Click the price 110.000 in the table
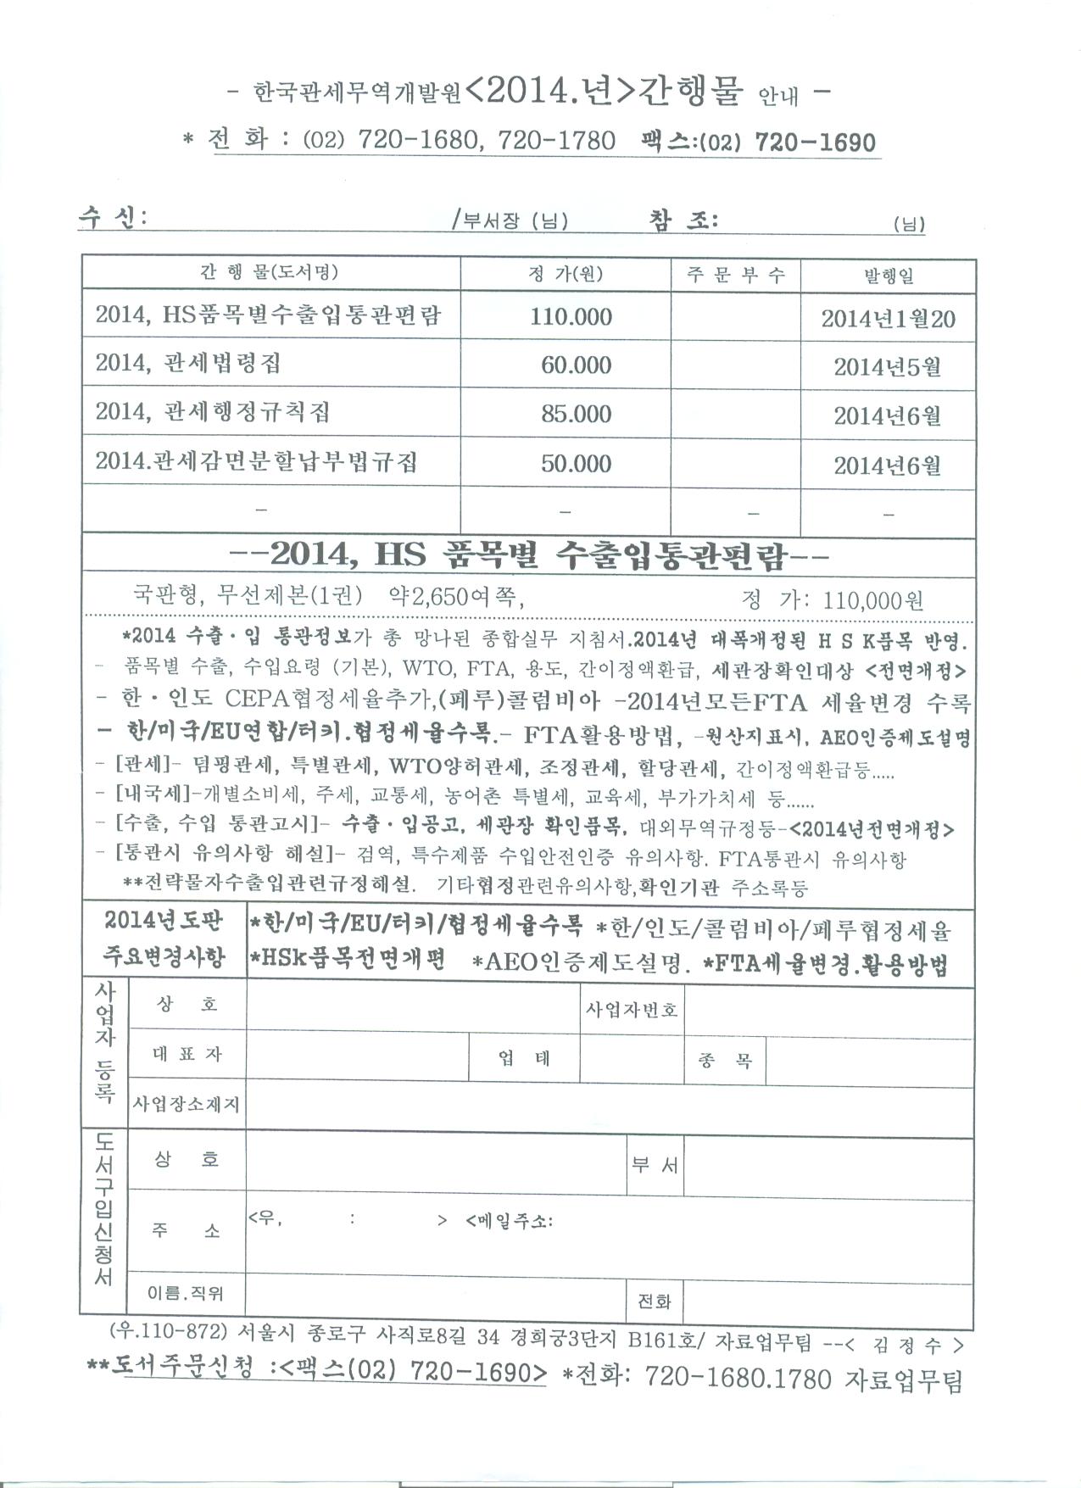tap(571, 317)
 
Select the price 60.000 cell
tap(576, 365)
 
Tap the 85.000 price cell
tap(576, 415)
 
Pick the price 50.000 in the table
tap(576, 464)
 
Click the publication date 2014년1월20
tap(887, 320)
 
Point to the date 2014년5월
tap(887, 367)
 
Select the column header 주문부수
tap(735, 275)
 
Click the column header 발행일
tap(888, 276)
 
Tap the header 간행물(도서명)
tap(269, 272)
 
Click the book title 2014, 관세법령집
tap(187, 364)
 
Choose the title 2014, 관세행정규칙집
tap(212, 413)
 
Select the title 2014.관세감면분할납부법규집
tap(256, 462)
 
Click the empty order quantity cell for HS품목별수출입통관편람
tap(735, 317)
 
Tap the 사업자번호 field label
tap(632, 1010)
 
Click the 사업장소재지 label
tap(187, 1105)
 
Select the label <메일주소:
tap(510, 1222)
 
